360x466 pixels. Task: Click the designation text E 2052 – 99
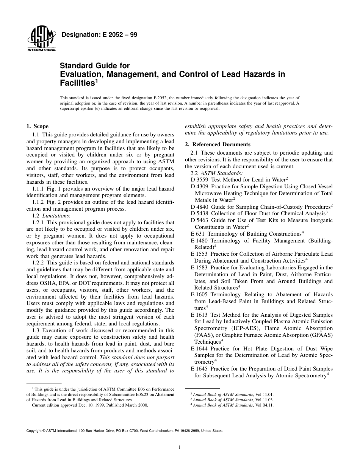[x=99, y=35]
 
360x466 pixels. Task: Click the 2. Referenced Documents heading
[x=218, y=144]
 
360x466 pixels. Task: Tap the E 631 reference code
[x=198, y=234]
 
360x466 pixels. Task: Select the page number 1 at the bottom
[x=180, y=447]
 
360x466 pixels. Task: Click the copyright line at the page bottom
[x=125, y=430]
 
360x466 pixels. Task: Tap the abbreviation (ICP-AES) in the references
[x=239, y=328]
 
